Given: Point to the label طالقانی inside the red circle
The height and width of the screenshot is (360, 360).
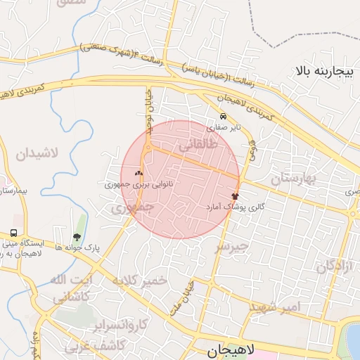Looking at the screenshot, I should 200,146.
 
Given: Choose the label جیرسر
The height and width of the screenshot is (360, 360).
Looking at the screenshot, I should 231,246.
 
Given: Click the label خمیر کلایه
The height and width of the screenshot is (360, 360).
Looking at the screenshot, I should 143,280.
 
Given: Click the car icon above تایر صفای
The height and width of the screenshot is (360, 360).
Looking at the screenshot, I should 223,116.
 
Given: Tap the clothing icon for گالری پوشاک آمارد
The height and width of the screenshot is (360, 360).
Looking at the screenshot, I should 235,197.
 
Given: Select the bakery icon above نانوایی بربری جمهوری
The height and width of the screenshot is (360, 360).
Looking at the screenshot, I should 139,173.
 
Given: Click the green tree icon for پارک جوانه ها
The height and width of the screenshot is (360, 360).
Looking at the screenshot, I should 76,236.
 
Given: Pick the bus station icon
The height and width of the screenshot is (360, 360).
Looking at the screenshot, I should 14,233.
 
